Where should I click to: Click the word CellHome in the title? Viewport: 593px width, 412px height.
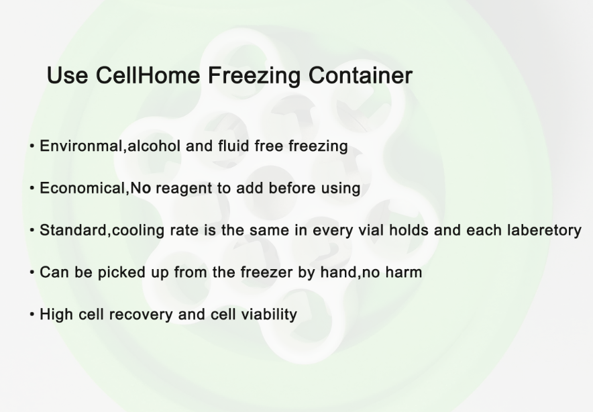148,75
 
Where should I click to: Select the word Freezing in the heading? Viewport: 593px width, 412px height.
254,76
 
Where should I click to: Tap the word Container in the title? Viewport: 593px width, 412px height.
360,75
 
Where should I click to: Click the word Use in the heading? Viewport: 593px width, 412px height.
67,75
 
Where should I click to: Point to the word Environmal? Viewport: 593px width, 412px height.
81,146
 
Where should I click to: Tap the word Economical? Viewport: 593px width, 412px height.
83,188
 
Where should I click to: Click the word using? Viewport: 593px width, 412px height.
341,189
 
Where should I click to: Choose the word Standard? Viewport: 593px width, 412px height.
73,230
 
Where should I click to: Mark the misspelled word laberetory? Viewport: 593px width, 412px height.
544,230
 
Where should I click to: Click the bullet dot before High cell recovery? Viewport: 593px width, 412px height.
32,314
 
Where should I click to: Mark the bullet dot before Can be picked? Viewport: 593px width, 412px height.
32,272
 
